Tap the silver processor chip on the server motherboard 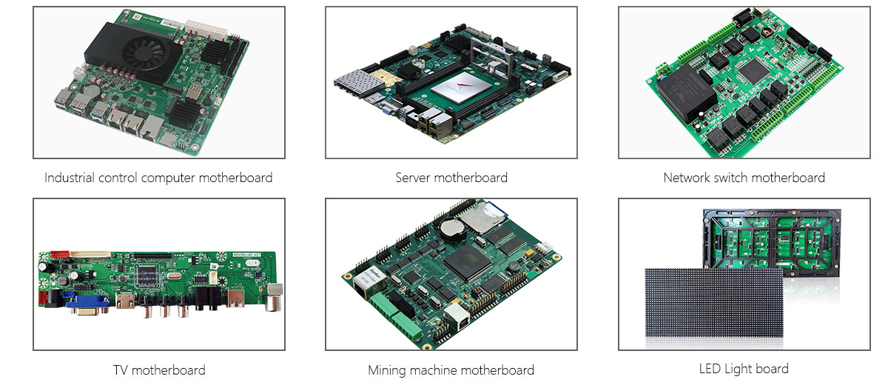click(460, 88)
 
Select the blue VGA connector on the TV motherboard click(88, 305)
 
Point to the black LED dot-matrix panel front click(714, 303)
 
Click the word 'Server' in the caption click(413, 178)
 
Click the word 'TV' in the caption click(121, 370)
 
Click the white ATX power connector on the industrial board click(206, 30)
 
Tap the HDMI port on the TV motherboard click(125, 301)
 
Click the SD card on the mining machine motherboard click(485, 217)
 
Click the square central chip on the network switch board click(753, 71)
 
